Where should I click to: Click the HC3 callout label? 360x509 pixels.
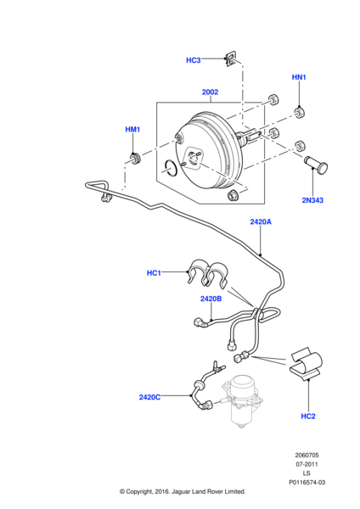point(193,60)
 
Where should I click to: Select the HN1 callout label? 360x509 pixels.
point(298,78)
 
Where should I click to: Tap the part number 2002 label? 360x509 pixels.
point(210,92)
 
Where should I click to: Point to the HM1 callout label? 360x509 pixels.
point(132,129)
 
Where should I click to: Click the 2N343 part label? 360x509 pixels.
point(312,200)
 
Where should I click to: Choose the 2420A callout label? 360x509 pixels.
point(260,221)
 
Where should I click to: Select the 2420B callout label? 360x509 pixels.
point(211,299)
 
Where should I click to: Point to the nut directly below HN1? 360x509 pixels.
point(299,111)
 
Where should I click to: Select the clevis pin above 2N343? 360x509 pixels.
point(314,163)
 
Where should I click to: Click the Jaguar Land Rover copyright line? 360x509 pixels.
point(182,491)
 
